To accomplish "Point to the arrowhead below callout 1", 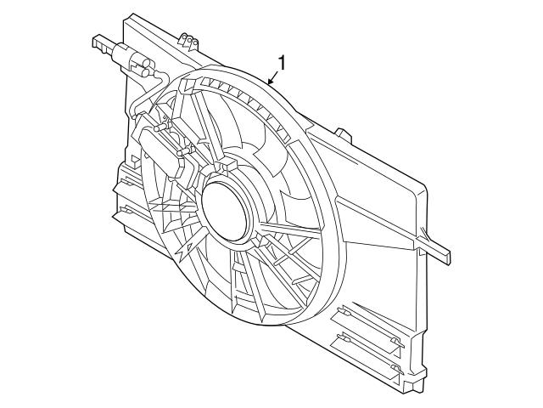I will pyautogui.click(x=270, y=82).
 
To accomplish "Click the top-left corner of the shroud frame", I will pyautogui.click(x=129, y=19).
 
